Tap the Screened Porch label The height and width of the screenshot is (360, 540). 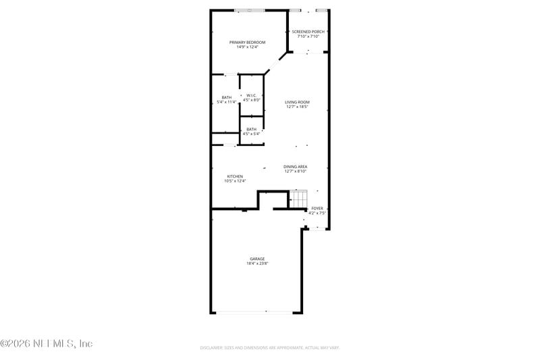tap(308, 32)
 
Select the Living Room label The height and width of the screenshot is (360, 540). tap(297, 102)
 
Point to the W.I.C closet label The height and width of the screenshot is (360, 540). tap(251, 95)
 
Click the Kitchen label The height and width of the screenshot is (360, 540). tap(235, 176)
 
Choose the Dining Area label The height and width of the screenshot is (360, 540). tap(296, 166)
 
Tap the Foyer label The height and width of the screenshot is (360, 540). tap(317, 208)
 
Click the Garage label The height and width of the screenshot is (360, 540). tap(257, 259)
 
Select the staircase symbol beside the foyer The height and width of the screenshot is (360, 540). tap(298, 199)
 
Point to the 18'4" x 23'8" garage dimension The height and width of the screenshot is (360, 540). tap(257, 263)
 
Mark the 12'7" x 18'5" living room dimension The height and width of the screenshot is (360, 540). tap(297, 107)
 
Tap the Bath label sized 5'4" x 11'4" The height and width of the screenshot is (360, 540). tap(226, 97)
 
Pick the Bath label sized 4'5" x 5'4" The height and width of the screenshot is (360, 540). tap(251, 129)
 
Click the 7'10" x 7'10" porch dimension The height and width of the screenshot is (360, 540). tap(308, 36)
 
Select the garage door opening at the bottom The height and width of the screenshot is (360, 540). tap(255, 312)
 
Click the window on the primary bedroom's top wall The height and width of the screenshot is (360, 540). tap(250, 10)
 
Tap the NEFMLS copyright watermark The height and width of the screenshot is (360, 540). tap(47, 344)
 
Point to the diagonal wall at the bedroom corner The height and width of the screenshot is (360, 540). tap(275, 62)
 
